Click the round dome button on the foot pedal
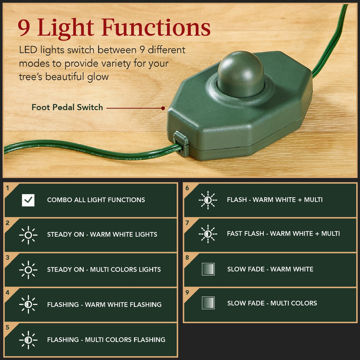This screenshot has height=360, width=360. click(240, 74)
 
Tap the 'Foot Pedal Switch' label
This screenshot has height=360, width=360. click(67, 108)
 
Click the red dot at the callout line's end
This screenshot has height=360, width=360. click(163, 108)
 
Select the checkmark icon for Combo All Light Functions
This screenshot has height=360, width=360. click(28, 200)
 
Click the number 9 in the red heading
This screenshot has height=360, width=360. click(24, 28)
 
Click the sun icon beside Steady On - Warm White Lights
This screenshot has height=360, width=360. click(28, 235)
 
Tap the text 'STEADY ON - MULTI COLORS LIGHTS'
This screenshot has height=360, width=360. click(104, 270)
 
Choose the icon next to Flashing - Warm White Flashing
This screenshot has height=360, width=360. click(28, 304)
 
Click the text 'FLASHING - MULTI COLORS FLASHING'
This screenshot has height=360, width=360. click(106, 340)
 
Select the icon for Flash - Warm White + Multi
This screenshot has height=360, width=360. click(208, 200)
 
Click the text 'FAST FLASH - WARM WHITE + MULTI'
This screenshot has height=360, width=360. click(283, 233)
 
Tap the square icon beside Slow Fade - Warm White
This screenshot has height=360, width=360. click(208, 269)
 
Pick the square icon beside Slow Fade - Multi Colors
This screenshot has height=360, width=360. click(208, 303)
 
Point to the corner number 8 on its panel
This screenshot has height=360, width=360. click(187, 258)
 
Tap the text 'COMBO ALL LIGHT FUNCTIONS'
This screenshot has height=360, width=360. click(96, 200)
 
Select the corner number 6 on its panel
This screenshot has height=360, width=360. click(187, 188)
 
